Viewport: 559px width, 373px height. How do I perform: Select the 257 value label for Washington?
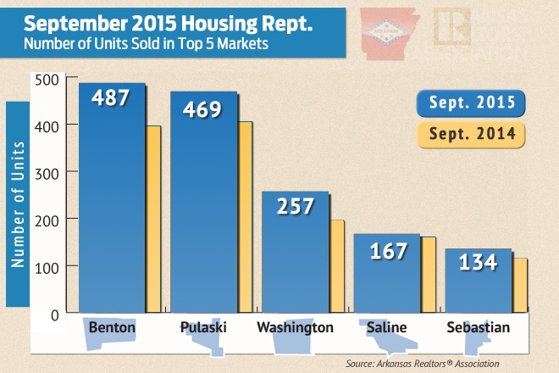[295, 205]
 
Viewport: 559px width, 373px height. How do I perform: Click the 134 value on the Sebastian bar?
[478, 262]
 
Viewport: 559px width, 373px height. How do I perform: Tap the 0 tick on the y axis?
[53, 315]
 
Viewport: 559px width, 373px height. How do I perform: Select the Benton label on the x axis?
[112, 326]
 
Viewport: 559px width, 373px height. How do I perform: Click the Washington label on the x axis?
[295, 326]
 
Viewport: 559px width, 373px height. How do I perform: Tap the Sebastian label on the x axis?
[478, 326]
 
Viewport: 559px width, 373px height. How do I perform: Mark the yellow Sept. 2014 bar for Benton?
[153, 220]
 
